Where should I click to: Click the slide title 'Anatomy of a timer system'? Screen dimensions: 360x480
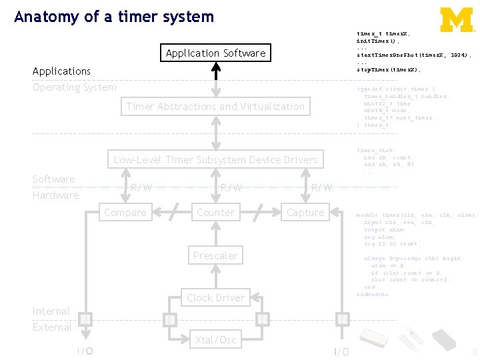114,17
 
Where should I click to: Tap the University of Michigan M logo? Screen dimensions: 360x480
457,19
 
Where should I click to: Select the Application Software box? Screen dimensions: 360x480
215,53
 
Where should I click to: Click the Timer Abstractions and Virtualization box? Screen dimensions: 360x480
215,106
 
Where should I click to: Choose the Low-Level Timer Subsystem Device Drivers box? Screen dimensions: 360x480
215,159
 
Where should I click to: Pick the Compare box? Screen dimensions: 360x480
125,213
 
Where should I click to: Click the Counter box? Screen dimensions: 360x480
215,213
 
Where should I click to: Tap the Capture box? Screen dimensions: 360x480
305,213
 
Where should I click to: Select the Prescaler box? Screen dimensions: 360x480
215,255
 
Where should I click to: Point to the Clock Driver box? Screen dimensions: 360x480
215,297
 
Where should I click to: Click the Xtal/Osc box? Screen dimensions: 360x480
215,340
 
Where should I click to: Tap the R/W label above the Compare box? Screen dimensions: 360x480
140,188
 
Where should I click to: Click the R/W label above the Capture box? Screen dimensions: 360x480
322,188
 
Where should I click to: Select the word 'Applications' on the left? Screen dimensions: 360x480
61,71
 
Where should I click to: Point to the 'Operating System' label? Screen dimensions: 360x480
74,87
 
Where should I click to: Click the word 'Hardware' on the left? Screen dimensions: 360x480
55,195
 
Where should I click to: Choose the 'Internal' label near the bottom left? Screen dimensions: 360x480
51,311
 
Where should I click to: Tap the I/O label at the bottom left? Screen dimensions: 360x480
84,351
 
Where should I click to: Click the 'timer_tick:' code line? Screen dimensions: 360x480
376,151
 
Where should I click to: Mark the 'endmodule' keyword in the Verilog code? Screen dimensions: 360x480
372,294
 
